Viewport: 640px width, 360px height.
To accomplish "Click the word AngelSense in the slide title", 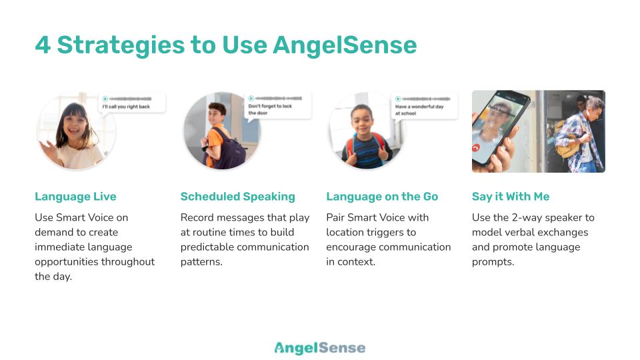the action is pos(345,45).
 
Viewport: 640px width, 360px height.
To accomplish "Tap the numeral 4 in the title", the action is pos(43,45).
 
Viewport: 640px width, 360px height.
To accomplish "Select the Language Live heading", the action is pos(75,197).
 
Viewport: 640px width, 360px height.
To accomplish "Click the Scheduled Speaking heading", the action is pos(237,197).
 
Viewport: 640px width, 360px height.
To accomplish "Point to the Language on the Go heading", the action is pos(382,197).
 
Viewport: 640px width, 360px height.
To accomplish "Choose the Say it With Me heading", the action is pos(511,197).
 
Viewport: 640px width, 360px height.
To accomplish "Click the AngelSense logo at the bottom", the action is pos(320,348).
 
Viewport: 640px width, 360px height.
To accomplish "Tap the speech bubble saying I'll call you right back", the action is pos(132,103).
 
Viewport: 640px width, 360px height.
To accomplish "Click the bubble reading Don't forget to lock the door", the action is pos(277,106).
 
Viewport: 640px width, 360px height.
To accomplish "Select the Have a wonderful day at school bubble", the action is pos(424,106).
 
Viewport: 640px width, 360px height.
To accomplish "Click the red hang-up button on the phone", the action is pos(476,148).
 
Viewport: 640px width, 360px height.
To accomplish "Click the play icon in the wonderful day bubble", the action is pos(398,99).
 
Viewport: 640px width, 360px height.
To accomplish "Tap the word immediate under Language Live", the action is pos(59,247).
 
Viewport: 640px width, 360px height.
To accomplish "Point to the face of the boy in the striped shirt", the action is pos(361,119).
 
